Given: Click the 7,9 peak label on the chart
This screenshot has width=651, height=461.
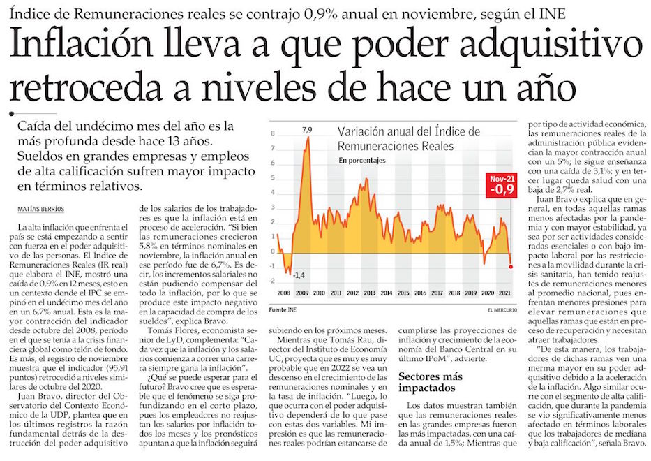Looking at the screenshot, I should pyautogui.click(x=306, y=130).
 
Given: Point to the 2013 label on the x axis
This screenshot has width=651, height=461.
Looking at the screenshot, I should pyautogui.click(x=370, y=293).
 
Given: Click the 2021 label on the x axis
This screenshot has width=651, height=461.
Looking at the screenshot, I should pyautogui.click(x=505, y=293).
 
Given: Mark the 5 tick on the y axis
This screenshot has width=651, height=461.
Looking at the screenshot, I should pyautogui.click(x=273, y=180).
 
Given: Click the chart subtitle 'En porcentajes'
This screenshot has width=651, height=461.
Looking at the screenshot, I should pyautogui.click(x=364, y=161).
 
